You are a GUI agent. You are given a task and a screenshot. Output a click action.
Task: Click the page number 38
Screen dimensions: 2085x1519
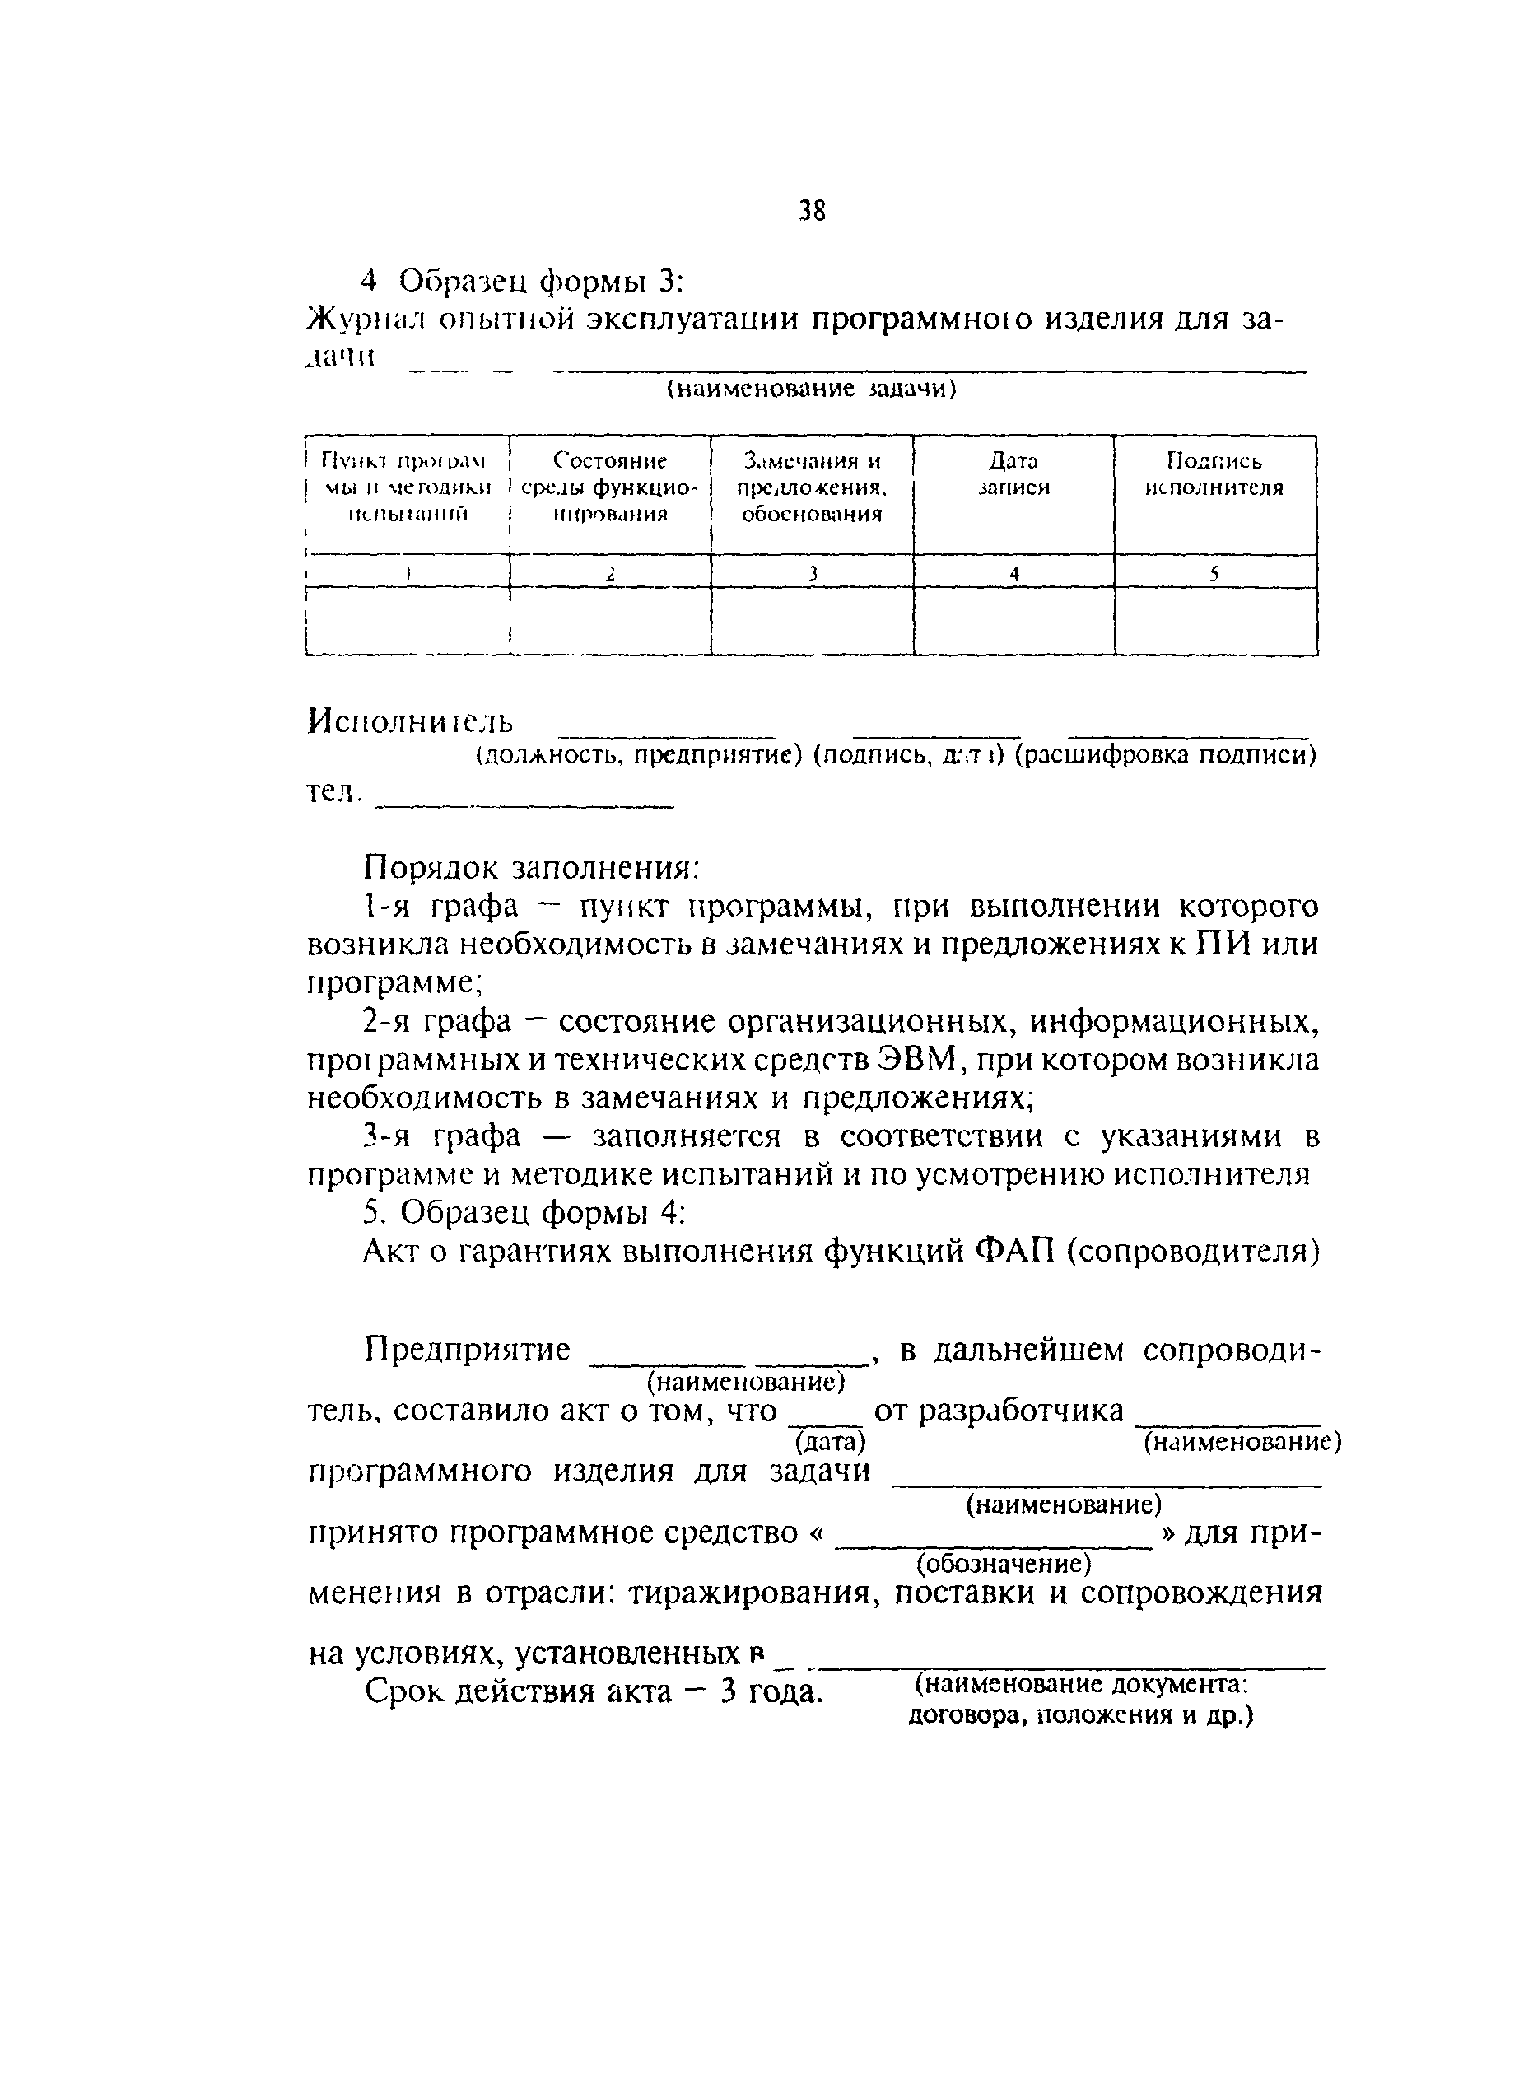813,212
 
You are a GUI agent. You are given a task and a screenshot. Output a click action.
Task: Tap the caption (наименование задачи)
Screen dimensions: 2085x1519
811,390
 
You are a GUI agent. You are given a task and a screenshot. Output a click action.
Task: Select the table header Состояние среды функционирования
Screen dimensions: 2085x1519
609,487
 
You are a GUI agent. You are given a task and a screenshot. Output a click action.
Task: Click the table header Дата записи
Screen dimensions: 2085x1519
1013,473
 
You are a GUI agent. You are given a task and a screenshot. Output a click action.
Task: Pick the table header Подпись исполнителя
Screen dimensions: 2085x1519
1214,473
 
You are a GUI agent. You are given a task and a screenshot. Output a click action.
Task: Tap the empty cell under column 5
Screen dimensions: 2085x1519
1215,622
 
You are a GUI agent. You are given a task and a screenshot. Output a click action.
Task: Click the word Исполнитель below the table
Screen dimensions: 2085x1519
410,721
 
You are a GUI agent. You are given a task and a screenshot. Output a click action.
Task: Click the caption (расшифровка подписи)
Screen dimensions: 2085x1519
1166,755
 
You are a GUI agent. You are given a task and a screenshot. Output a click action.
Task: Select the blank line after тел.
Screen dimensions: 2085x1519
526,805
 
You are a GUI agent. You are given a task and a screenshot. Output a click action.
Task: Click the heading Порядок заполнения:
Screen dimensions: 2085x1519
533,867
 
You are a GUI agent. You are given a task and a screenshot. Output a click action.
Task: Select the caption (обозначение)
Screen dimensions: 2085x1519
1003,1564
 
